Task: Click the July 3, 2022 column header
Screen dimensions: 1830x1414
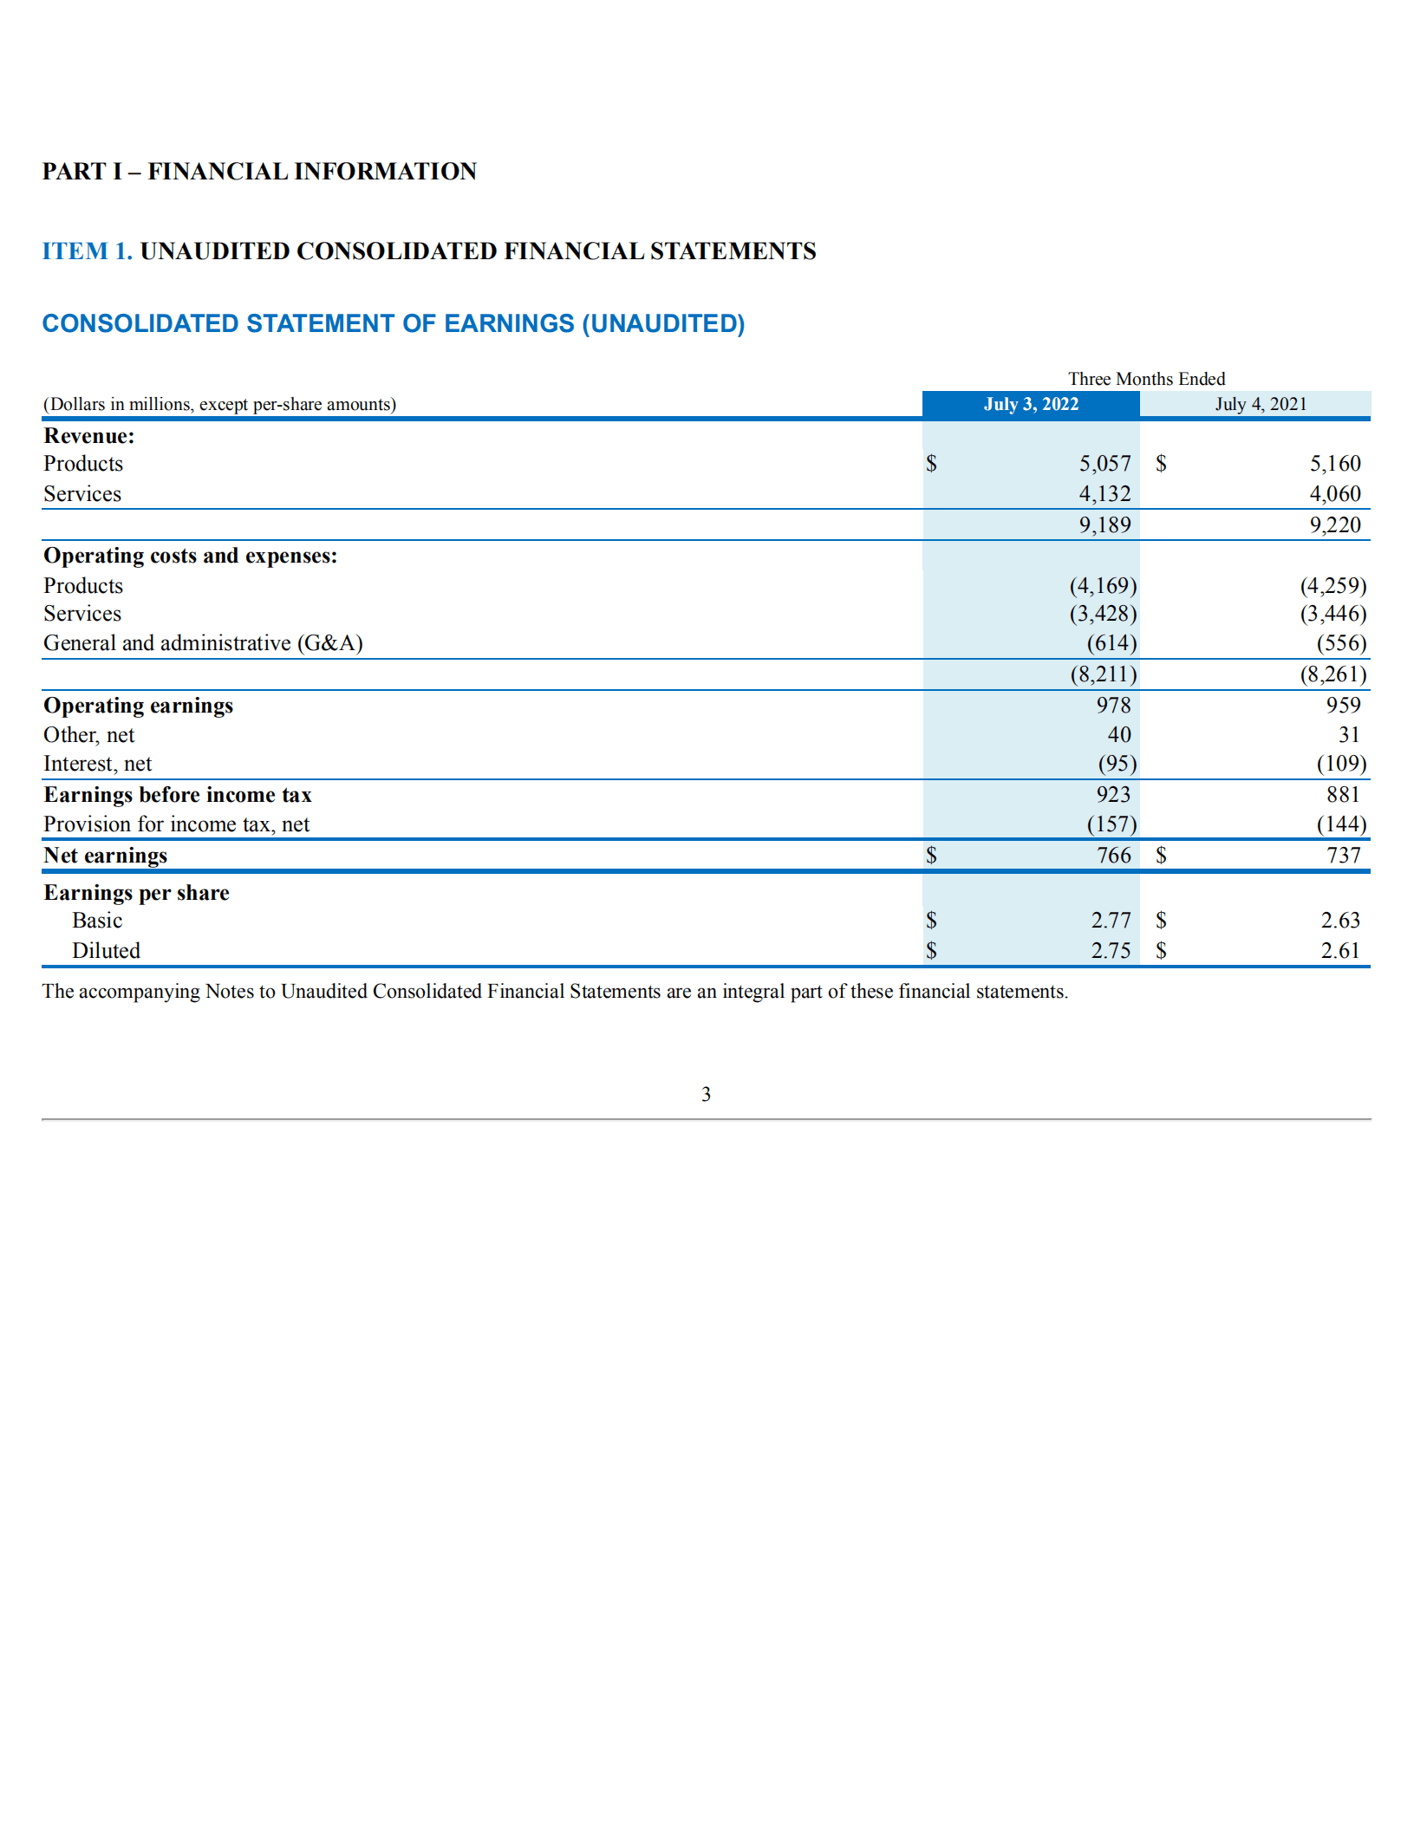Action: click(1031, 404)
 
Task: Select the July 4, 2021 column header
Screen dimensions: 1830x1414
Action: click(1260, 404)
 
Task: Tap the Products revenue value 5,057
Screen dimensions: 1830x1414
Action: click(1104, 464)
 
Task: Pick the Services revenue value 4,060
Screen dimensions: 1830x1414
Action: click(1334, 494)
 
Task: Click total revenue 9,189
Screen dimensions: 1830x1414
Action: click(1104, 524)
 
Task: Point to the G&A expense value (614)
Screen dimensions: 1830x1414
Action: click(1111, 643)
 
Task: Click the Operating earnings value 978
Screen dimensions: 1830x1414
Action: click(1113, 705)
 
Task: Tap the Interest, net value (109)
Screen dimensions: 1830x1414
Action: click(1341, 764)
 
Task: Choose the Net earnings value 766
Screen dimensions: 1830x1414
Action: click(1113, 856)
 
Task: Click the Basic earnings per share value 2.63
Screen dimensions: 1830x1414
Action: click(1340, 921)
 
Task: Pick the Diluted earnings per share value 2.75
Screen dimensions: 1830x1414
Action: click(1111, 951)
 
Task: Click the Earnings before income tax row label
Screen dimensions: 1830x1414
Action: click(178, 795)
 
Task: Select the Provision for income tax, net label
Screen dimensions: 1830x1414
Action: click(176, 824)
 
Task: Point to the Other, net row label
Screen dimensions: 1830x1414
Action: click(89, 735)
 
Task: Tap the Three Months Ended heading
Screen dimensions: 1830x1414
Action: click(1146, 379)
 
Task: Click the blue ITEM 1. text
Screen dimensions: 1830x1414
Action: click(87, 251)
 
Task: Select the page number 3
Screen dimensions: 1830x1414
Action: click(706, 1094)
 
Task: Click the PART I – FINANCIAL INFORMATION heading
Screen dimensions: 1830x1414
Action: click(259, 172)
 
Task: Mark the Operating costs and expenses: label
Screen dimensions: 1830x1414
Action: click(191, 556)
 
